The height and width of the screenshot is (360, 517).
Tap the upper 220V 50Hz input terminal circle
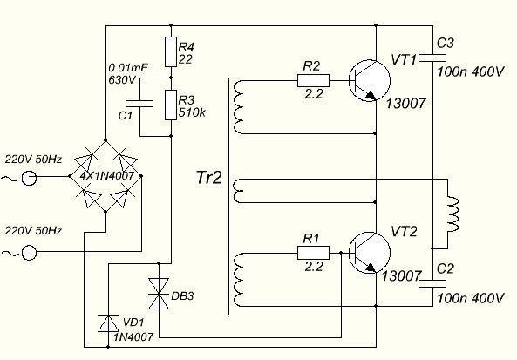click(28, 178)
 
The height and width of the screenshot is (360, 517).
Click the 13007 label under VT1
click(405, 104)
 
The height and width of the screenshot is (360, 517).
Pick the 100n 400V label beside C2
click(471, 298)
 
